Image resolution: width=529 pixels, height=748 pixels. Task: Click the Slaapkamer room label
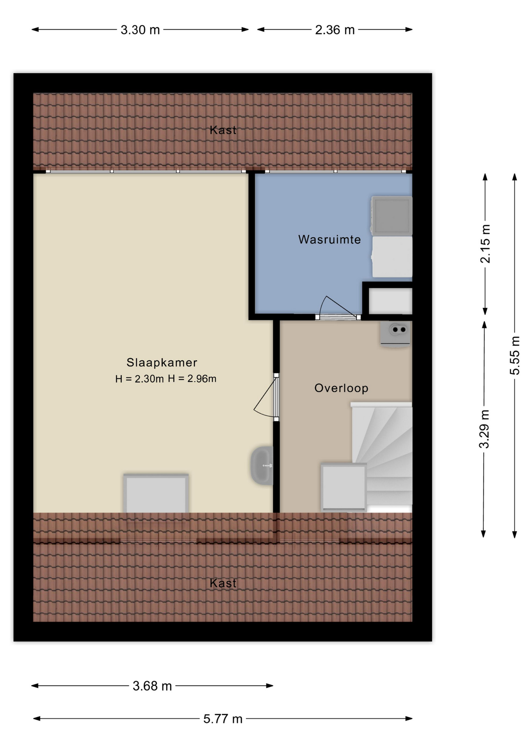(162, 363)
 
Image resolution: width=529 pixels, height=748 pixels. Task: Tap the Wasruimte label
(330, 239)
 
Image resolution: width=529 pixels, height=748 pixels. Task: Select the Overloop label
(341, 388)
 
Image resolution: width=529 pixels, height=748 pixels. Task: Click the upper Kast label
(223, 130)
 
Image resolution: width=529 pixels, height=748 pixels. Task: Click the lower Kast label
(223, 583)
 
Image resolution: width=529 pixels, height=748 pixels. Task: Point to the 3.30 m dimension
(140, 30)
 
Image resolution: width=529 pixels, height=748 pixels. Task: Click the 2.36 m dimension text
(335, 30)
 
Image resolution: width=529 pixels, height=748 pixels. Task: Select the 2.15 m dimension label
(485, 244)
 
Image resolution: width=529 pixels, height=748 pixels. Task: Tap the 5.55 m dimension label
(515, 355)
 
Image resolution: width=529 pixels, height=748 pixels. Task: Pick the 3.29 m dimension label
(484, 429)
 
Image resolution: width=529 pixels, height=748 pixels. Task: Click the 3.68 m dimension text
(152, 686)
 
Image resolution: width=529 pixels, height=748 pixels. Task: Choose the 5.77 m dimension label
(223, 718)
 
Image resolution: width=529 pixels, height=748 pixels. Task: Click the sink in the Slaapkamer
(262, 466)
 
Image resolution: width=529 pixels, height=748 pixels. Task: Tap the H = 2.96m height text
(192, 378)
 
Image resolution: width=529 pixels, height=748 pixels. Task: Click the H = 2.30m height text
(139, 379)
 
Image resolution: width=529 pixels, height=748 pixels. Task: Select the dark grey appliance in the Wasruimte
(391, 216)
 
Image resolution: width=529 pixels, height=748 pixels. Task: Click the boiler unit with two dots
(395, 334)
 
